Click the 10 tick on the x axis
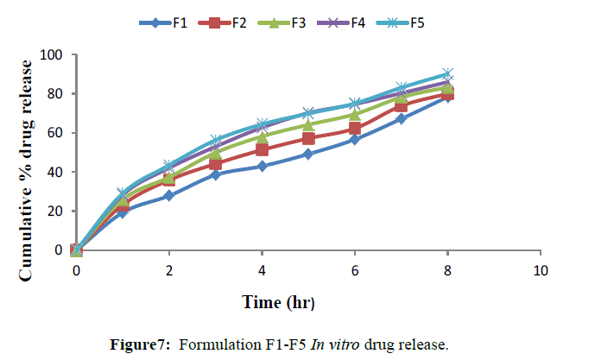click(540, 269)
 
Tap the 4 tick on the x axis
click(262, 269)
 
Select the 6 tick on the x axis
click(355, 269)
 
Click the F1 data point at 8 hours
click(447, 97)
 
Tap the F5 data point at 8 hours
click(447, 74)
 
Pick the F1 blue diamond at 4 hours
click(262, 166)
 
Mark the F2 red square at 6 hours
click(355, 129)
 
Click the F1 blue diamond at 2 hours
click(169, 196)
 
